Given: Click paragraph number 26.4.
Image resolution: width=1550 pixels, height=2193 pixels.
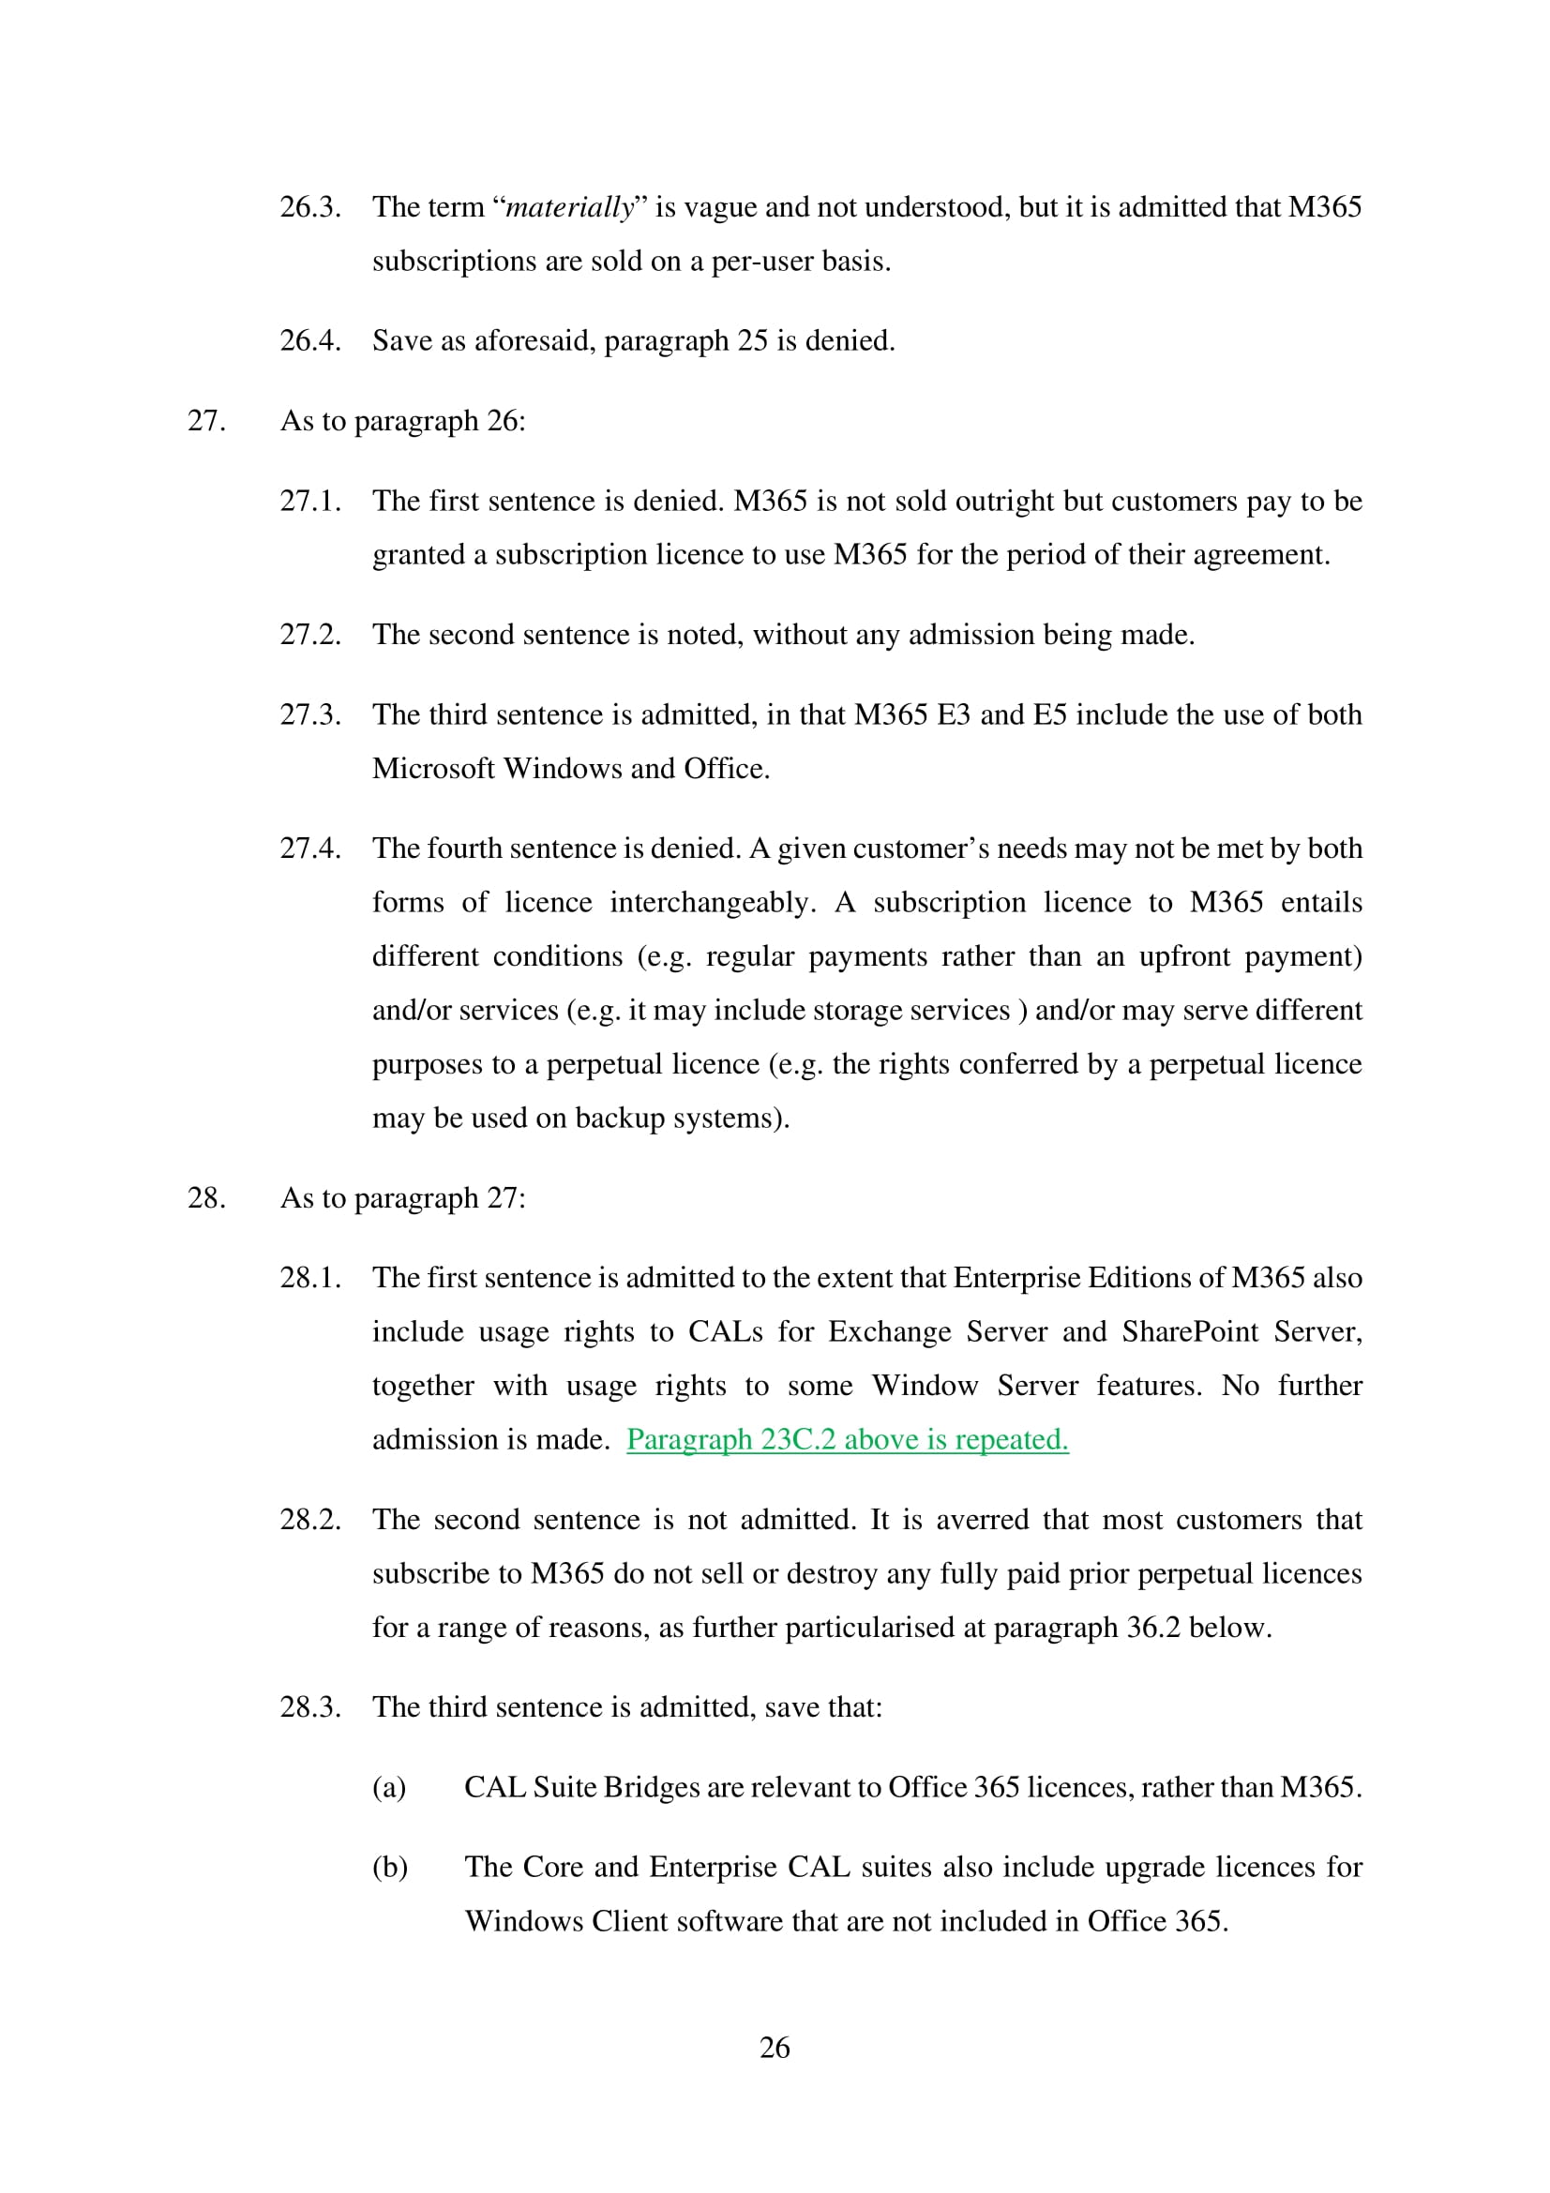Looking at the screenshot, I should click(310, 341).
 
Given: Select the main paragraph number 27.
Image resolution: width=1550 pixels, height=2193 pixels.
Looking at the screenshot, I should click(206, 421).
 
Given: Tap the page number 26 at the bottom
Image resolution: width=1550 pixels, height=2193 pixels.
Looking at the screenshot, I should click(775, 2047).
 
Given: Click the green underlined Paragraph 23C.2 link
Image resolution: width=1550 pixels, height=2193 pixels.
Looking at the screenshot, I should click(847, 1439).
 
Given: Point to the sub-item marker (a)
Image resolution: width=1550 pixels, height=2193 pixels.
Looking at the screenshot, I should click(389, 1787).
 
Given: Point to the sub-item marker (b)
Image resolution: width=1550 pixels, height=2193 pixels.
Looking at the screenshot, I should click(390, 1868).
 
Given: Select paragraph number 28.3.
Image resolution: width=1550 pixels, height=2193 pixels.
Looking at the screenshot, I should click(310, 1706).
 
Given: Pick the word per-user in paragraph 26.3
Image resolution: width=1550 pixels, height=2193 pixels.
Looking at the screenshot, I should click(762, 261).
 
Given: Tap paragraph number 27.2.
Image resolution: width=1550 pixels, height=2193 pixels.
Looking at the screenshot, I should click(310, 635).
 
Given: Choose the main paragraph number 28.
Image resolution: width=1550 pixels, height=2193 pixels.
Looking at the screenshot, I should click(206, 1197).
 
